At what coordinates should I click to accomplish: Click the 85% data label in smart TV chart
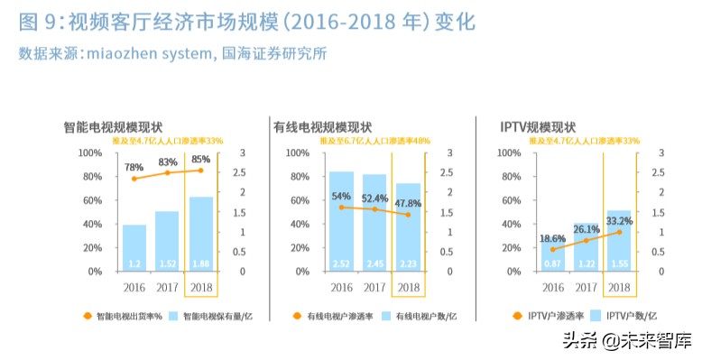200,160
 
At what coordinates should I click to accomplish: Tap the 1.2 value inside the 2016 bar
134,263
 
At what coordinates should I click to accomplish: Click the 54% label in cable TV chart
341,196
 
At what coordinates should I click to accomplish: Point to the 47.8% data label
409,204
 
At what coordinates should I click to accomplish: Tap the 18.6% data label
552,238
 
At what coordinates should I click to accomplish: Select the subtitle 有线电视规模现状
322,127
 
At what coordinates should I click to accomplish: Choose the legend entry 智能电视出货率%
122,316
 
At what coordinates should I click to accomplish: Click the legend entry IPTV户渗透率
557,316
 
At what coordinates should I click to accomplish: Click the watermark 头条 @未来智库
626,342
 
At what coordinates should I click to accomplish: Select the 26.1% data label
586,229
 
